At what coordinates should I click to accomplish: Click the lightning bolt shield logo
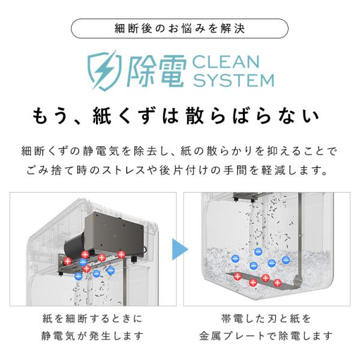pos(104,71)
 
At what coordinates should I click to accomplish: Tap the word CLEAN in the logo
pos(226,62)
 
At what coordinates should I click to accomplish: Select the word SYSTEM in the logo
pos(233,80)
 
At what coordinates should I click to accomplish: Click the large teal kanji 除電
pos(156,71)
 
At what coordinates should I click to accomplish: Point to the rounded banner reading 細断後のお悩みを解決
pos(179,28)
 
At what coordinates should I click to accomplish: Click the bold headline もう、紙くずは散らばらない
pos(176,116)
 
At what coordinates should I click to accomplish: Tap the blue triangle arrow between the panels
pos(180,249)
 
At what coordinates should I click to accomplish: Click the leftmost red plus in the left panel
pos(68,261)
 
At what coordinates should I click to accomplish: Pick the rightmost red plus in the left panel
pos(121,254)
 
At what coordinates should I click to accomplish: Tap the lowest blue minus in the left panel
pos(78,276)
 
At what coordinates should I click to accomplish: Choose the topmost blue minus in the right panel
pos(258,252)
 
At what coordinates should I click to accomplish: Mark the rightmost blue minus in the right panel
pos(286,260)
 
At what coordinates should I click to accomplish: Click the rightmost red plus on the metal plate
pos(277,283)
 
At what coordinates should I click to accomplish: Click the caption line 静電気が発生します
pos(92,336)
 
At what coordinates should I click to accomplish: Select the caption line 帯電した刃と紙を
pos(266,319)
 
